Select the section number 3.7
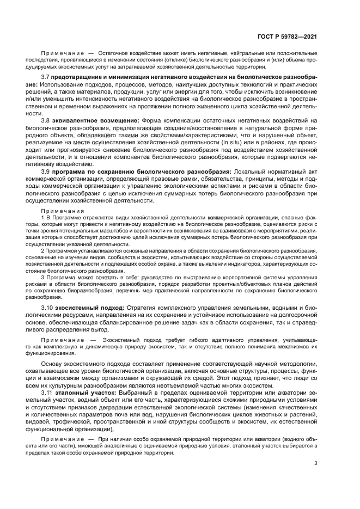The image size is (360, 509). (x=46, y=78)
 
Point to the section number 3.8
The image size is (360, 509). (x=46, y=120)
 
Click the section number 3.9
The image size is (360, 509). (x=46, y=171)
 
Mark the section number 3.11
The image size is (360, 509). (x=47, y=392)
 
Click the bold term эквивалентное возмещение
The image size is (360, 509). (x=96, y=120)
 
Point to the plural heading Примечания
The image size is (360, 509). (x=57, y=210)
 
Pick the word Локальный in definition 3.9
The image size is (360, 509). (x=249, y=171)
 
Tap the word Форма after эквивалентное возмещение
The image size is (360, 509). (x=151, y=120)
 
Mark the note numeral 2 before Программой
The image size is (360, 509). (x=43, y=250)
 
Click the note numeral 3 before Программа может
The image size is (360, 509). (x=43, y=277)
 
